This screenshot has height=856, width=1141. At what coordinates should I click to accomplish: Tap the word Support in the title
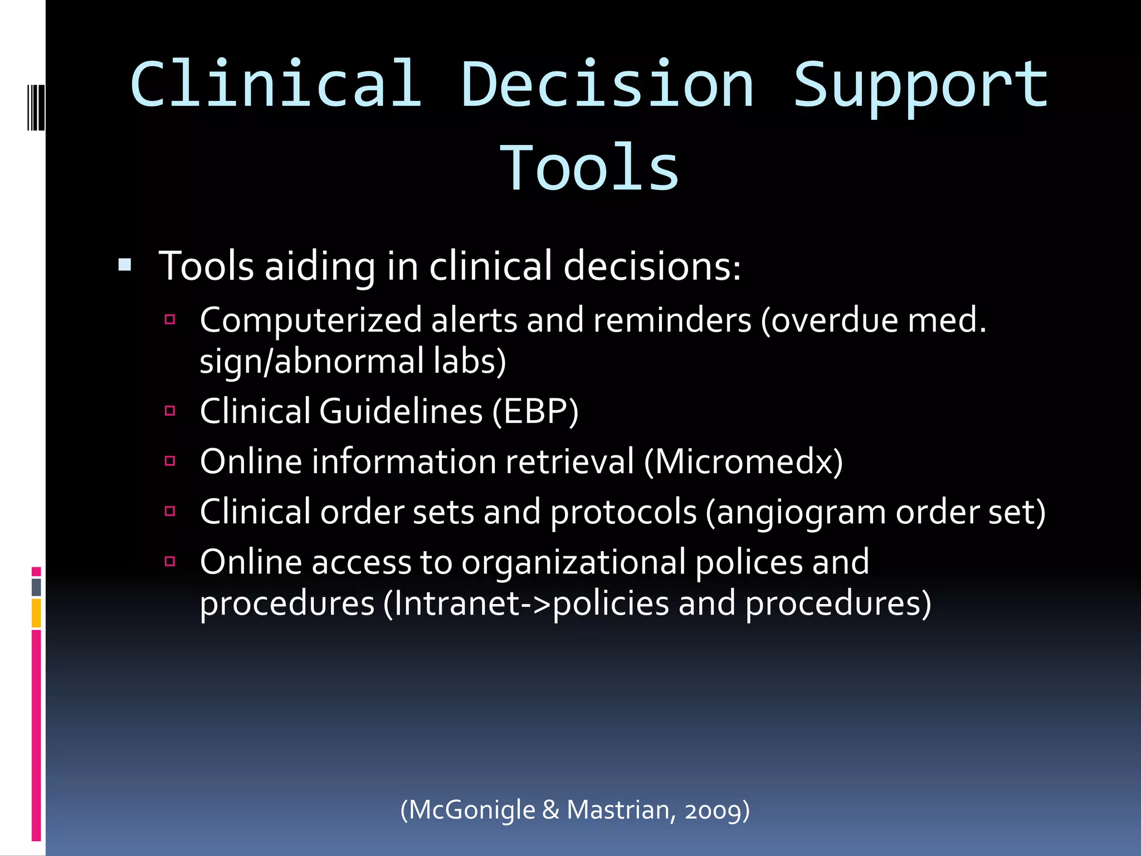tap(920, 85)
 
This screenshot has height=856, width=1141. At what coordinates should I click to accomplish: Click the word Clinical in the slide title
tap(276, 85)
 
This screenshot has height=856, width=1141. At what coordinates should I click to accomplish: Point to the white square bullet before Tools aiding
tap(125, 264)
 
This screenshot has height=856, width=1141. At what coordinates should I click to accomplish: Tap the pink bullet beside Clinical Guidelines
tap(170, 411)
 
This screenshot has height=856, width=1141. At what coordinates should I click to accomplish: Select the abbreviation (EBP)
tap(535, 412)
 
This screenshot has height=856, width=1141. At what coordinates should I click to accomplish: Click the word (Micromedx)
tap(743, 462)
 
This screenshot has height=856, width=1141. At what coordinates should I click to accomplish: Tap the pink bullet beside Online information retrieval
tap(170, 461)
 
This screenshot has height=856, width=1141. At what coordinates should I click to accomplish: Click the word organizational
tap(574, 562)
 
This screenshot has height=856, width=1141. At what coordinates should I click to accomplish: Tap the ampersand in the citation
tap(550, 810)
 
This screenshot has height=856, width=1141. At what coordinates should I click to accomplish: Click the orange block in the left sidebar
tap(36, 613)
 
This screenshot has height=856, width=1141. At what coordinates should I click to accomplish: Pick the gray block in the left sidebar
tap(36, 587)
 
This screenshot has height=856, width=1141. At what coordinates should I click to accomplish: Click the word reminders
tap(672, 321)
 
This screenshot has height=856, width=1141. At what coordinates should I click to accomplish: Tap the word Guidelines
tap(401, 412)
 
